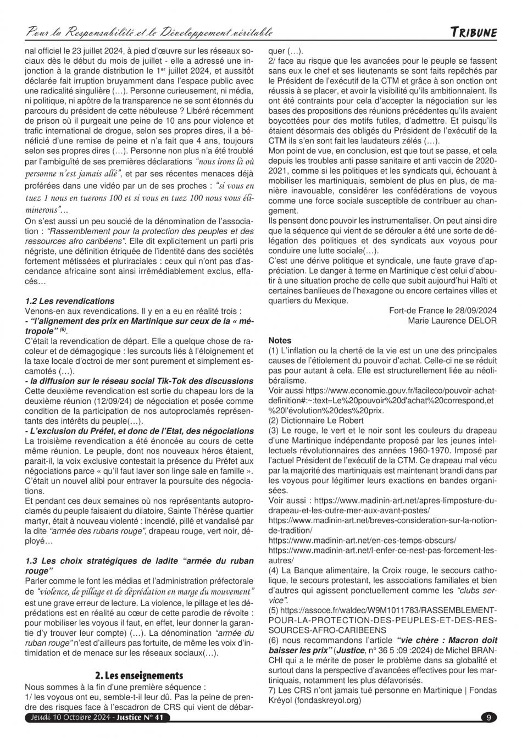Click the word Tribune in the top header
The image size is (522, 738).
click(x=474, y=32)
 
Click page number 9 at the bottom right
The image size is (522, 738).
click(x=488, y=717)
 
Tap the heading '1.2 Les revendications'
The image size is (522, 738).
click(x=70, y=301)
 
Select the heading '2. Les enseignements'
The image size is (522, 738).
click(x=139, y=675)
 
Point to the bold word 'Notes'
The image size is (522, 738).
click(x=280, y=341)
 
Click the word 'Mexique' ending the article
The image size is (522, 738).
click(x=332, y=301)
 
